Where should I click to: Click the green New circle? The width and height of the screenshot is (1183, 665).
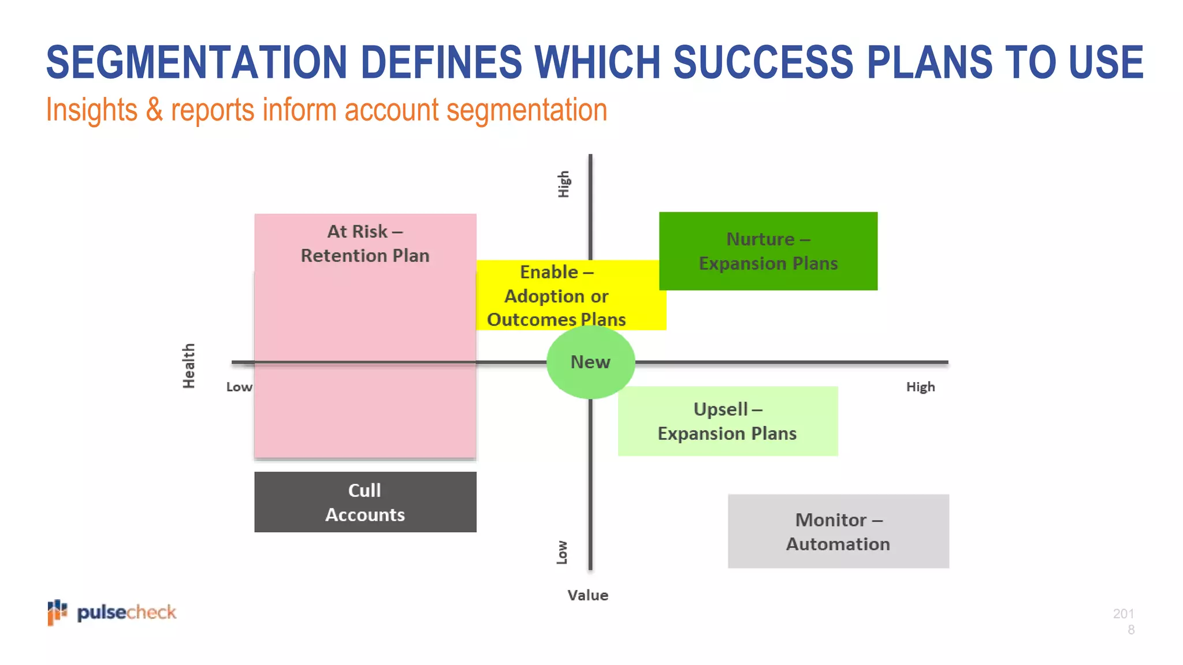click(590, 362)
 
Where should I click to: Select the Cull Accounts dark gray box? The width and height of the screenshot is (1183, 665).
click(365, 502)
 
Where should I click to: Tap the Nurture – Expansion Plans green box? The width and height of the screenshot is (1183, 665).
click(768, 251)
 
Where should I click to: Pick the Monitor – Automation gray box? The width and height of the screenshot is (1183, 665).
click(838, 532)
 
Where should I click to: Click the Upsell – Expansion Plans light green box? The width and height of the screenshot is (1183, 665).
click(728, 421)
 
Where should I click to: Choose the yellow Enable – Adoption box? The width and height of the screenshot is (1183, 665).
click(557, 296)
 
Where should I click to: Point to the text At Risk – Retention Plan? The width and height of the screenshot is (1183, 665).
click(365, 244)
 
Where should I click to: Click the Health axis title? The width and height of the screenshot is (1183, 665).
click(189, 366)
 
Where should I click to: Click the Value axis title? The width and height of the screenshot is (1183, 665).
click(587, 595)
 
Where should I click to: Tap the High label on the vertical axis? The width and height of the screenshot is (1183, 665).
click(564, 184)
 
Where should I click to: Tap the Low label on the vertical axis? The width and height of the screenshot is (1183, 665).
click(562, 552)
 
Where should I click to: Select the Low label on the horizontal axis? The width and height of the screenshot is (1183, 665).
click(239, 387)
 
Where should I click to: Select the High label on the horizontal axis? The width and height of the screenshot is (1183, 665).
click(920, 387)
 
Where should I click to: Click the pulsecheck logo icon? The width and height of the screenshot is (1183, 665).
click(57, 612)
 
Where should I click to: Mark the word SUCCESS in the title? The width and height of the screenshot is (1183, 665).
click(762, 62)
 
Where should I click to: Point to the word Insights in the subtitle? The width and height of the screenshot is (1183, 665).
click(92, 110)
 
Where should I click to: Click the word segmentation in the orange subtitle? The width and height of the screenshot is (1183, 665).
click(527, 110)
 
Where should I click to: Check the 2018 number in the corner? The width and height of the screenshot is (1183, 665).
click(1124, 621)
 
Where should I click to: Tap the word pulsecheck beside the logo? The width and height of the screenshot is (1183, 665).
click(127, 612)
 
